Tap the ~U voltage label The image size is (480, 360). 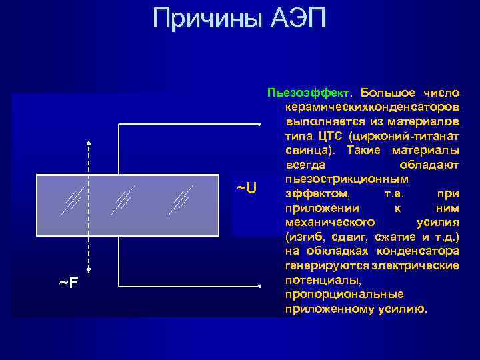[x=247, y=188]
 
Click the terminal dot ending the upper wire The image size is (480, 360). [x=259, y=124]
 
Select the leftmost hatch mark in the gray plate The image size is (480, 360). [x=71, y=199]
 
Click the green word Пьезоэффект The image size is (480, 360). [x=310, y=91]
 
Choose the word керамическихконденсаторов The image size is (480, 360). [x=371, y=107]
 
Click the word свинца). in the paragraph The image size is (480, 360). [x=307, y=150]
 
